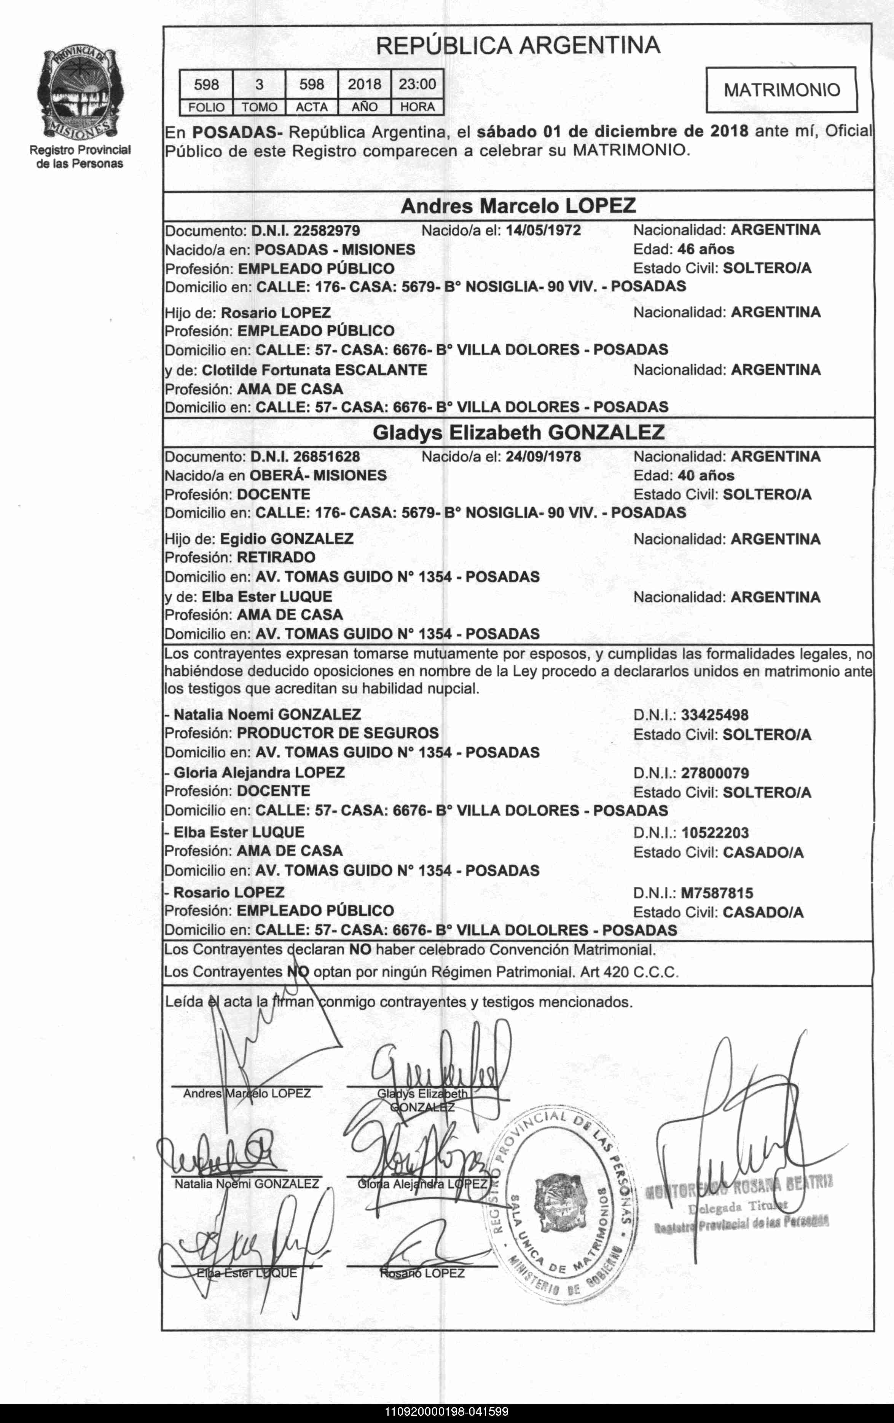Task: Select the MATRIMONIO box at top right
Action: tap(781, 90)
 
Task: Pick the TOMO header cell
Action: tap(259, 107)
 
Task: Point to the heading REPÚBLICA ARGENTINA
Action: tap(518, 45)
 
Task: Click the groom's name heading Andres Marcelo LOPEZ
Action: tap(518, 206)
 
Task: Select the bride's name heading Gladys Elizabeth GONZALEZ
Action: tap(518, 433)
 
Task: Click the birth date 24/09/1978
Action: tap(543, 456)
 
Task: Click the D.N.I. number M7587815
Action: tap(717, 893)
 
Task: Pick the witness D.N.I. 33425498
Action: tap(714, 715)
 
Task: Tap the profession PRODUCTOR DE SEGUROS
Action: tap(338, 733)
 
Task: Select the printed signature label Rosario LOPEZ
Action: tap(422, 1273)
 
